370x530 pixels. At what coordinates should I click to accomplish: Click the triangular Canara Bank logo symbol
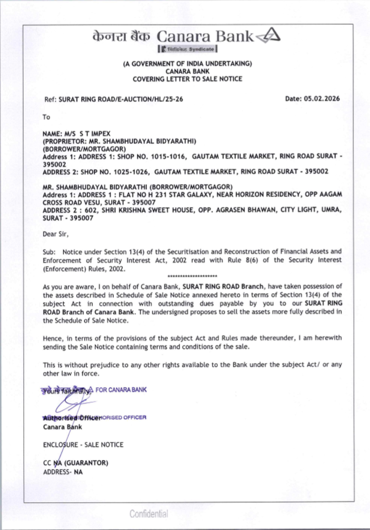[269, 36]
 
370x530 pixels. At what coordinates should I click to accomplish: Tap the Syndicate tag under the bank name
[188, 49]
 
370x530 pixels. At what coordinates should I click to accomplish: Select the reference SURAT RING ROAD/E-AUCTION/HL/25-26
[121, 99]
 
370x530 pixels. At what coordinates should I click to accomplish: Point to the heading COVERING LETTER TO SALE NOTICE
[187, 79]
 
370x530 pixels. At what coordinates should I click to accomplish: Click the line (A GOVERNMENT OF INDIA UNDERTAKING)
[187, 63]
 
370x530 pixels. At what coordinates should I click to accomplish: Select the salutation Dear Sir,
[55, 234]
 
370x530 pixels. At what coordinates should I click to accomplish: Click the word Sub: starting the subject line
[49, 252]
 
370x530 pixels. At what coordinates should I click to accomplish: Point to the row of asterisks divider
[192, 276]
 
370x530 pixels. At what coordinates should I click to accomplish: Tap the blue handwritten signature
[70, 404]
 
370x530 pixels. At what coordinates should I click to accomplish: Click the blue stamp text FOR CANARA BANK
[121, 390]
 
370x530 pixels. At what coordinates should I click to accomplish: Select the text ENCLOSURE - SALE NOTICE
[83, 444]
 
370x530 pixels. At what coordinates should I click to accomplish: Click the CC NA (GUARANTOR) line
[75, 463]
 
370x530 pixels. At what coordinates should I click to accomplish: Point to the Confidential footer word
[149, 514]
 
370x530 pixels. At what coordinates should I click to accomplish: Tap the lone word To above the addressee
[46, 117]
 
